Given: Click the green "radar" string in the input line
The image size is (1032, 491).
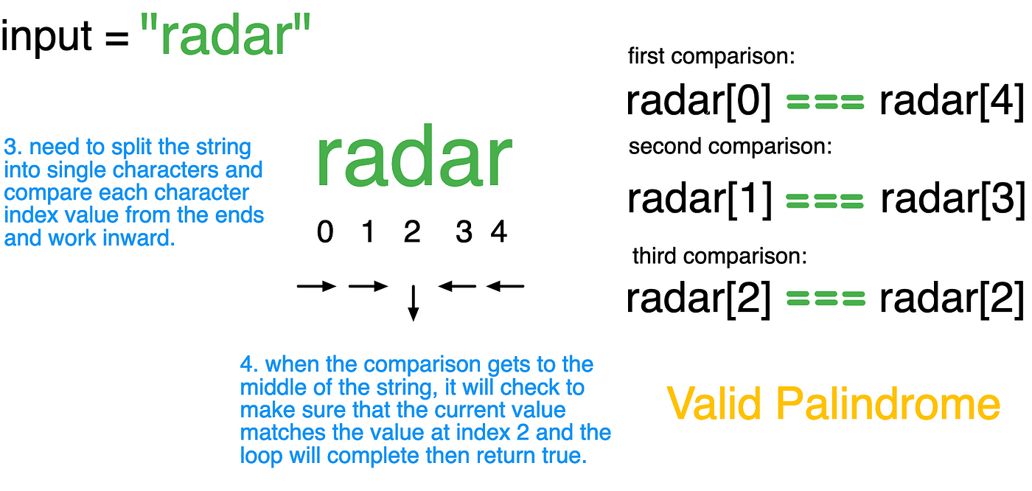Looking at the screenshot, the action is (226, 35).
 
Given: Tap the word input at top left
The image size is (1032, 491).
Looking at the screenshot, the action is (46, 37).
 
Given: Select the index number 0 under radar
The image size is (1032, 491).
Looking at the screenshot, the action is (325, 231).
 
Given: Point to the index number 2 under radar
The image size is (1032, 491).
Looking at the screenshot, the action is (412, 231).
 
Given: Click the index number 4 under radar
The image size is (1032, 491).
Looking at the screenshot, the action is (499, 231).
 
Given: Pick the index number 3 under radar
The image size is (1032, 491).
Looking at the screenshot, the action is (464, 231).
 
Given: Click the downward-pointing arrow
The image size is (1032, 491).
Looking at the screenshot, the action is (414, 303).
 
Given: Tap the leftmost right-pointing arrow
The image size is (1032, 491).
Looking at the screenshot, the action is (316, 286).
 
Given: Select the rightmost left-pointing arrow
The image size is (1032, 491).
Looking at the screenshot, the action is (505, 286).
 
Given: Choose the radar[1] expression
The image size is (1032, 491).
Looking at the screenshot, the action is (700, 200).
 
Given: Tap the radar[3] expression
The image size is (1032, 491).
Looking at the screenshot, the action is (952, 200).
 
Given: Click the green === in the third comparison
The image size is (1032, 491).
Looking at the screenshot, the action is (826, 299).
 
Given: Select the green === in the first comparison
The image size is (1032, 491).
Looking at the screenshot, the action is (825, 101).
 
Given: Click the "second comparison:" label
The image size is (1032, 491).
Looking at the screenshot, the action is (731, 147).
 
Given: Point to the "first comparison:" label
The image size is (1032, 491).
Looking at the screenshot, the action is (711, 57).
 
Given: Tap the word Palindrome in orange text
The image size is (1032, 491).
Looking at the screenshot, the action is (888, 404).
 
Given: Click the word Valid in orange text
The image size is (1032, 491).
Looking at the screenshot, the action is (714, 404).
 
